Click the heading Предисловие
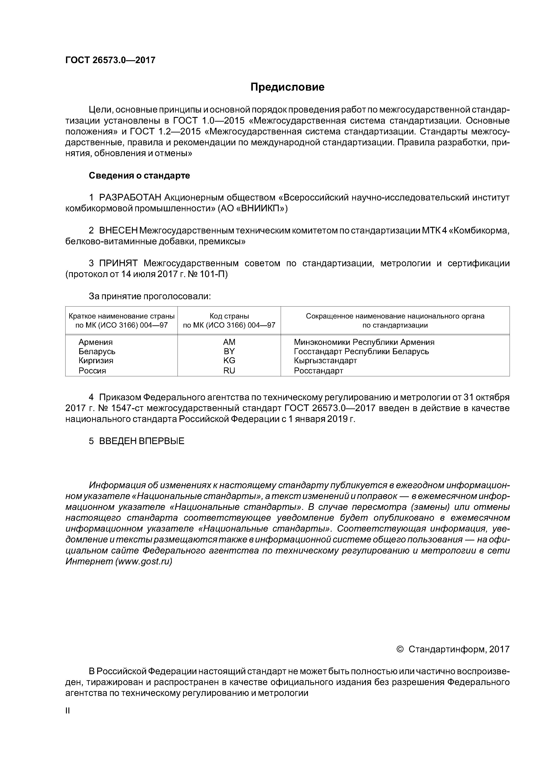287,87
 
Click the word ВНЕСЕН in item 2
118,231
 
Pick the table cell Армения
95,342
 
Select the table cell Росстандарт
318,371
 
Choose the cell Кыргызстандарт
325,360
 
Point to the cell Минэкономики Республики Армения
364,342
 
